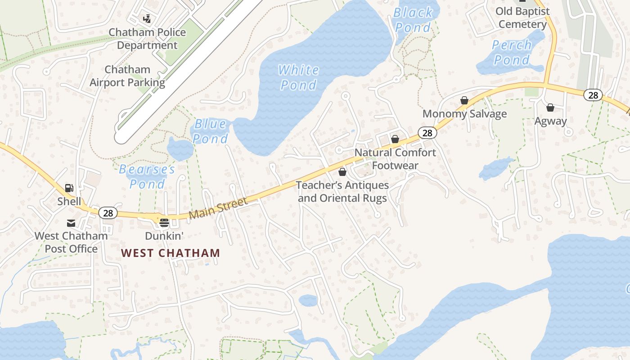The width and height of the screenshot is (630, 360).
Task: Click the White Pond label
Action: pos(298,77)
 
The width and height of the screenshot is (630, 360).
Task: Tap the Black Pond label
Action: pos(413,20)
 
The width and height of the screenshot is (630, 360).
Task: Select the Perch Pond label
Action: pos(512,52)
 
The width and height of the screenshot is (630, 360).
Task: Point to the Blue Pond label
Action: pos(211,131)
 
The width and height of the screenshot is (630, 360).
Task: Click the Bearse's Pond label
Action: pos(147,176)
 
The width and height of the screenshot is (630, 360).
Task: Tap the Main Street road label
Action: pos(218,208)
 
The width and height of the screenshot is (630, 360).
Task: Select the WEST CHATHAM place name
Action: pos(171,253)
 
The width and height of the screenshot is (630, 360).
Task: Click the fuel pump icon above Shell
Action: pos(69,188)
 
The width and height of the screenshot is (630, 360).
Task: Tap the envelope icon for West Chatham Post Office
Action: pos(71,223)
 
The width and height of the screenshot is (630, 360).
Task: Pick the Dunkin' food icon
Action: pos(164,222)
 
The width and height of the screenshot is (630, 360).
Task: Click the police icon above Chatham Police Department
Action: pos(147,19)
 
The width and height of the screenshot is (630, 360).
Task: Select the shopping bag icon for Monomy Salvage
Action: pos(464,100)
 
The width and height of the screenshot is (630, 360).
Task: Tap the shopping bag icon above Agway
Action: pos(550,108)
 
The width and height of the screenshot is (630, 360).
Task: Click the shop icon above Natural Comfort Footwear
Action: pos(395,139)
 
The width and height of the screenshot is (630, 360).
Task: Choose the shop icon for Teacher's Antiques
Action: pos(342,172)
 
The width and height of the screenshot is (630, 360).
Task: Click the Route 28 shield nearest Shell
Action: pos(108,213)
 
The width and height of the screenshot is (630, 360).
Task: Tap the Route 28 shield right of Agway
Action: pos(593,95)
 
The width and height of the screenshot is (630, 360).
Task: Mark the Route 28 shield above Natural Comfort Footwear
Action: pos(427,133)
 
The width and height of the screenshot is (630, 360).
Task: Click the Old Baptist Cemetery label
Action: pos(522,18)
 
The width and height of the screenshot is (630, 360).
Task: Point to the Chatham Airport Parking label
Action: pos(127,76)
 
